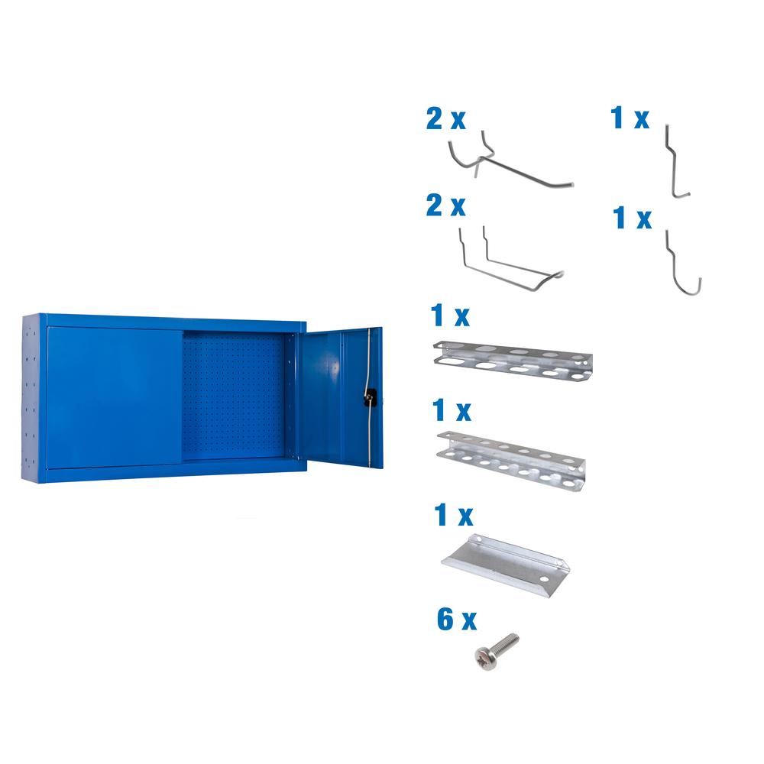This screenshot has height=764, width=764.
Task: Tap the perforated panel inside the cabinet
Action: pos(233,393)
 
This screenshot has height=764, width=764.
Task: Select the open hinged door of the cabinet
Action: pos(336,397)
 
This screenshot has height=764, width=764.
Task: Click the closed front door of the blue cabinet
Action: pos(115,397)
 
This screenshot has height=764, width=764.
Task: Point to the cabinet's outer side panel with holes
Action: pos(32,397)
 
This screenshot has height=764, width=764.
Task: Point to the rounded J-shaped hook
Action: pos(681,264)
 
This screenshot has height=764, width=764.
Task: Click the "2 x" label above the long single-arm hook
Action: pos(446,119)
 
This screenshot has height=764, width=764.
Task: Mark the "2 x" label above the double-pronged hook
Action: pos(446,206)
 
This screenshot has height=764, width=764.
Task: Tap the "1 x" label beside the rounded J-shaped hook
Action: pos(633,219)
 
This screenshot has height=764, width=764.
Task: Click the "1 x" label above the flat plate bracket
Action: pos(452,516)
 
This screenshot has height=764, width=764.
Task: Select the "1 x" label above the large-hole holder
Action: pos(451,315)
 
